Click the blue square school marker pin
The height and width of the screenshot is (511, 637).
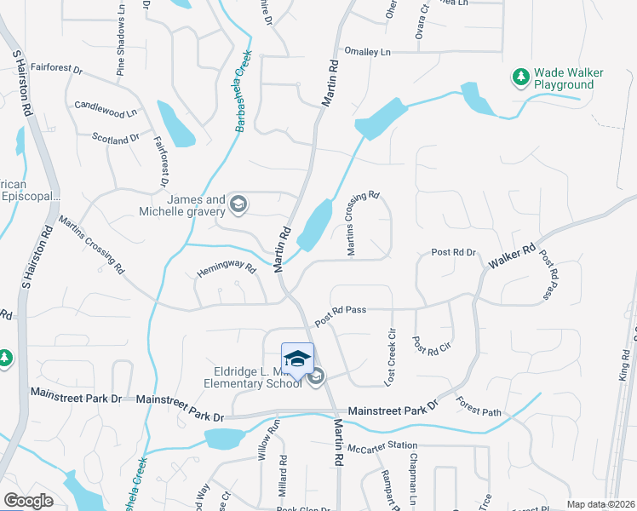[297, 359]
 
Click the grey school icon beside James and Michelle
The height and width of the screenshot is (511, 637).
[239, 204]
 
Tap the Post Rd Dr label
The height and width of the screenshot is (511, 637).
[453, 253]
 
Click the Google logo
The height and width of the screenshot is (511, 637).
[29, 500]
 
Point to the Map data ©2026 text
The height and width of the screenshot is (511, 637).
[600, 504]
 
